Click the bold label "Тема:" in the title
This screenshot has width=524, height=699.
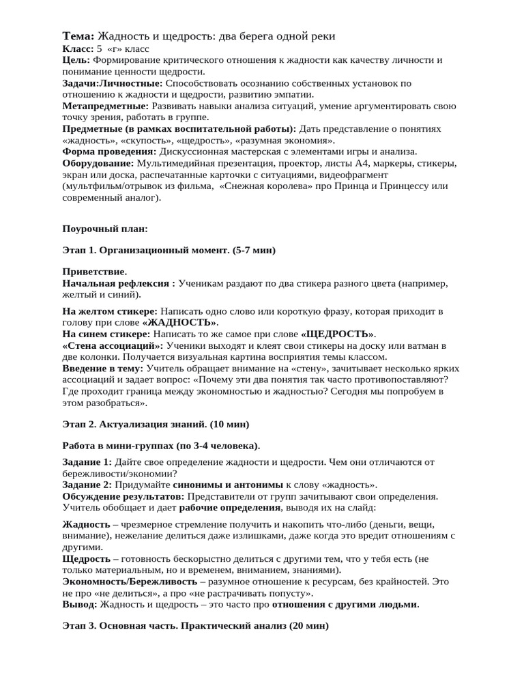(x=78, y=36)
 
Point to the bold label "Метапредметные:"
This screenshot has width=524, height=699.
(x=105, y=106)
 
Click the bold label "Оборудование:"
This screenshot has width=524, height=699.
(x=98, y=163)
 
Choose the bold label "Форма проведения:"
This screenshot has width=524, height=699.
(x=108, y=152)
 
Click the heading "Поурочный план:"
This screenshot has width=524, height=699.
(x=104, y=228)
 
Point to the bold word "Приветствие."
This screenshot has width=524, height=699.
(x=94, y=272)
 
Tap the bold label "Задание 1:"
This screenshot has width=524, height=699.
(x=87, y=462)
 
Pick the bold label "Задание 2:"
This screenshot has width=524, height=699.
(x=87, y=485)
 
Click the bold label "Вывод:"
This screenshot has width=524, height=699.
(x=80, y=604)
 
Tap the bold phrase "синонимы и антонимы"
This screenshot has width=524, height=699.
(x=214, y=485)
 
